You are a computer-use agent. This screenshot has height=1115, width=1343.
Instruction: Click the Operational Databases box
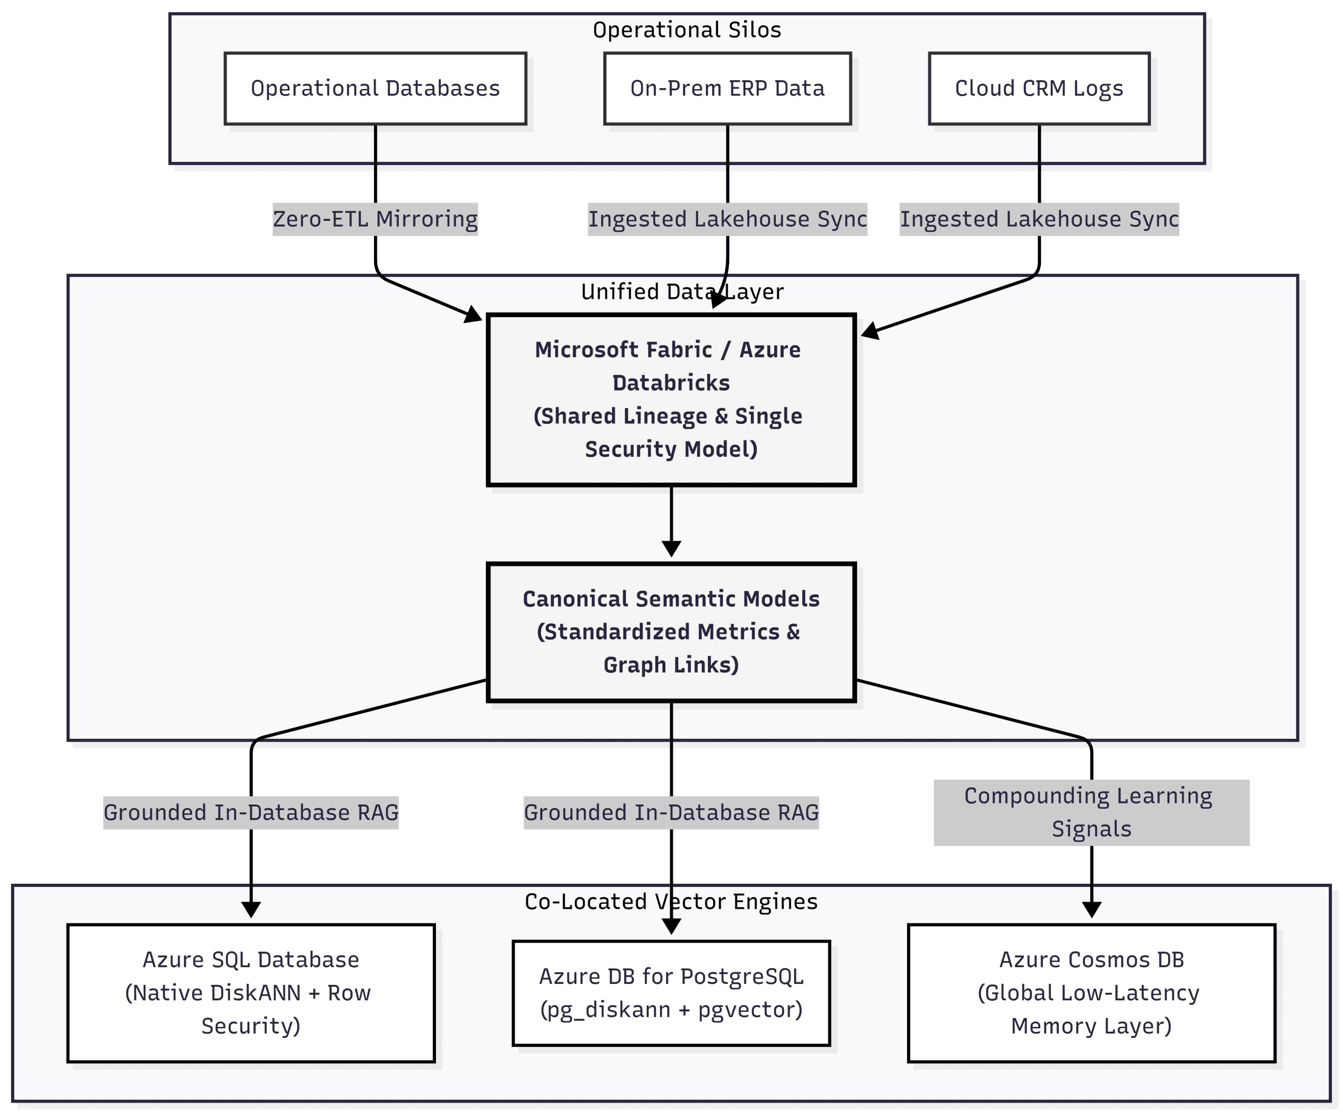click(376, 88)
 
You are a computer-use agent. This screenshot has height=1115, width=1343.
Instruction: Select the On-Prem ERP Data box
click(727, 88)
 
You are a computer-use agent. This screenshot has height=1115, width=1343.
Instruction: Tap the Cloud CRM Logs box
click(1039, 88)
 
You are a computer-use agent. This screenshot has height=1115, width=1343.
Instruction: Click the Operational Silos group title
click(687, 30)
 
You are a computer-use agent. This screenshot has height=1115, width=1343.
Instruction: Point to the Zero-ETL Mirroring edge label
click(376, 219)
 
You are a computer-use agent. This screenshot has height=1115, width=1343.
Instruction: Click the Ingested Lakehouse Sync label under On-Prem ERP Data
click(727, 219)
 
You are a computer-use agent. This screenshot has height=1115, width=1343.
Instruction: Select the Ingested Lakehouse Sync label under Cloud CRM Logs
click(1039, 219)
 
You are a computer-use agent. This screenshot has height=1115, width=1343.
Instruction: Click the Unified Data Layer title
click(682, 292)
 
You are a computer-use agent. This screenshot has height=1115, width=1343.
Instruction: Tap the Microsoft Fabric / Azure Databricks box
click(671, 400)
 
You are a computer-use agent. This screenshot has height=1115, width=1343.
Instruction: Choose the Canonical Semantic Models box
click(671, 631)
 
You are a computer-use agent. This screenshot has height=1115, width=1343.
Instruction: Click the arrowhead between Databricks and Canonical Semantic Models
click(671, 549)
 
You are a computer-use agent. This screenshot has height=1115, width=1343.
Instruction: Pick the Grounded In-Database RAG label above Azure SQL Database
click(251, 812)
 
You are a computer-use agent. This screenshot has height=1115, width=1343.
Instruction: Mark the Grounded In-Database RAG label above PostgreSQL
click(671, 812)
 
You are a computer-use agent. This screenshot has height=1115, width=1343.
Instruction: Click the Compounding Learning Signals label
click(1091, 812)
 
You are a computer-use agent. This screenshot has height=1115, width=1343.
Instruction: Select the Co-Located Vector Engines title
click(671, 902)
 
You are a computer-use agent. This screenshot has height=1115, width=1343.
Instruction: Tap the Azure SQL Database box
click(251, 993)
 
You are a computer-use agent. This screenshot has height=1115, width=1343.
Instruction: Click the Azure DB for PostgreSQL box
click(671, 993)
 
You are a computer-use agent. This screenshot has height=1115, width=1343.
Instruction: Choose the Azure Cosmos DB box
click(1092, 993)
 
